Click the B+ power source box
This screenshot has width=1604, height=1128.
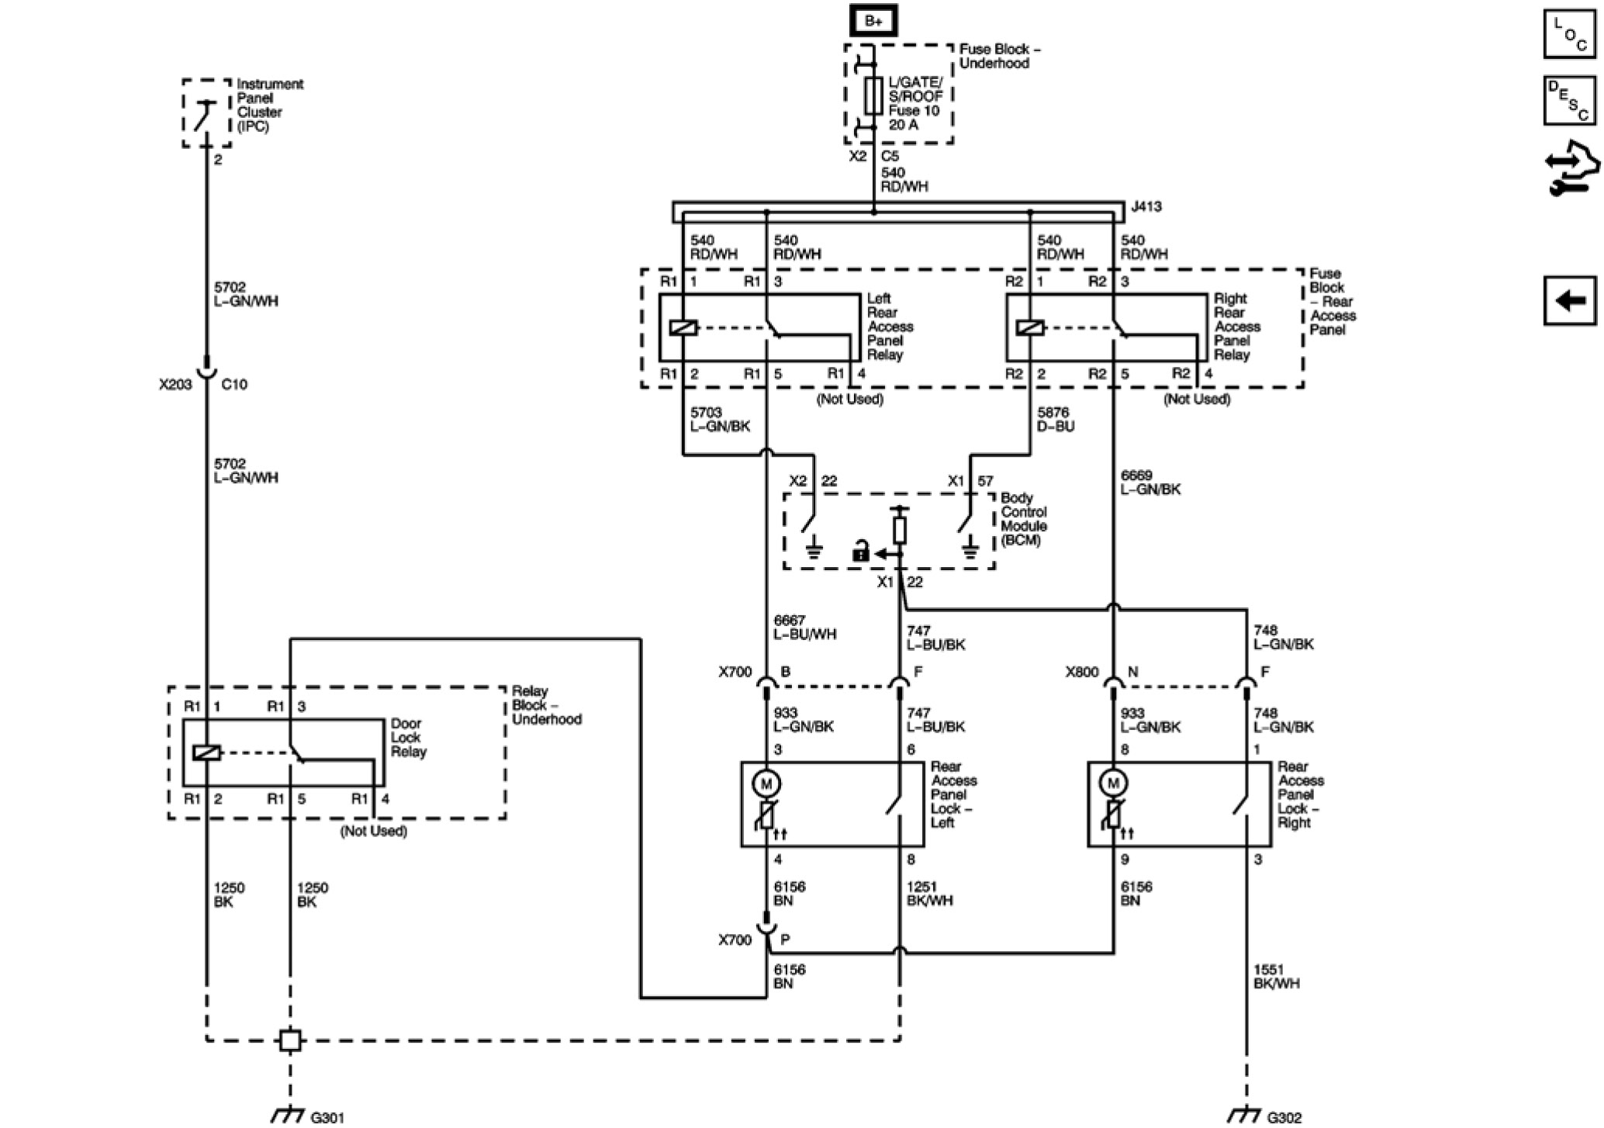873,21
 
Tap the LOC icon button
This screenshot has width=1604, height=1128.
1569,34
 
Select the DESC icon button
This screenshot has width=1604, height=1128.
1569,100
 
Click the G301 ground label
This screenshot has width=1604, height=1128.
327,1118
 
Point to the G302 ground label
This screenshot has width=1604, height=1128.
1284,1118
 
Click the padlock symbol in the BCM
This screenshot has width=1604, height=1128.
860,553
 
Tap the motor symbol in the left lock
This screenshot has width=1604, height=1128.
766,784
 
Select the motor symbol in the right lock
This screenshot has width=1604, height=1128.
1113,784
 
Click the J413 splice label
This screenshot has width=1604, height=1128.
1146,207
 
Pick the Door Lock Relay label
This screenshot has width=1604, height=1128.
408,738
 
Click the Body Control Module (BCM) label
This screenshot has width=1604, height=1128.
1023,519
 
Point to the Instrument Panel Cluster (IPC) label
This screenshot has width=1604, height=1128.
269,105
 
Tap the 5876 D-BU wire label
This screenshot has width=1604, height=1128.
1056,419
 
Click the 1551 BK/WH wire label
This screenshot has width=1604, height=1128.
1276,976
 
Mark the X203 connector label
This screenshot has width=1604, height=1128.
175,384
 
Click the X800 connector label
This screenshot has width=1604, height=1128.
1081,672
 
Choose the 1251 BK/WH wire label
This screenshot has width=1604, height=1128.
929,894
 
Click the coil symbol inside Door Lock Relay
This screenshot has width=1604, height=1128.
206,753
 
